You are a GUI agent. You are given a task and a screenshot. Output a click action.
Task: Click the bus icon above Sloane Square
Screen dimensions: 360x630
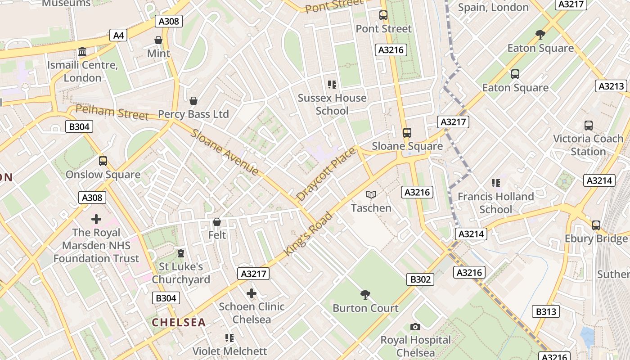tap(407, 133)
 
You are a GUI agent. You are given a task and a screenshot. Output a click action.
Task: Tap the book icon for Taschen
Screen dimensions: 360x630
tap(371, 194)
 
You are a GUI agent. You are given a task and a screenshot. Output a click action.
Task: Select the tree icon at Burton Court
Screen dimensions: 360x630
tap(365, 295)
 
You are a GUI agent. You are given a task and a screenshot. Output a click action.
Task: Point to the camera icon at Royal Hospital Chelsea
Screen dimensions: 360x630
tap(415, 327)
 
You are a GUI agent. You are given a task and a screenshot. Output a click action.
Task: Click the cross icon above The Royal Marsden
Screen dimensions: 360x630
tap(96, 219)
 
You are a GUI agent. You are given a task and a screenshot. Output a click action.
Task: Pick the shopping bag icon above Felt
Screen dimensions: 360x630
tap(217, 222)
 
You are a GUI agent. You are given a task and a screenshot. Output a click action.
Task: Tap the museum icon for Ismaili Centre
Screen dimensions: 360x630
tap(82, 52)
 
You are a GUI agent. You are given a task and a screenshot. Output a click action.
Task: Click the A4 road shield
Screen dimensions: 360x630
tap(118, 36)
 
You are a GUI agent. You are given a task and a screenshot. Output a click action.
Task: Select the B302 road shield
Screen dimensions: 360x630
tap(420, 279)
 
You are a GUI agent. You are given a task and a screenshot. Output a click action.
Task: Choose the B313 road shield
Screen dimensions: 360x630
tap(546, 311)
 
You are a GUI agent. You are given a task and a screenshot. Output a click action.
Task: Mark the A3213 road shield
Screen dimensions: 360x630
tap(612, 86)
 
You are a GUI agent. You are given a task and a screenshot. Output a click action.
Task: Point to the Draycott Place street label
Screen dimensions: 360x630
tap(326, 174)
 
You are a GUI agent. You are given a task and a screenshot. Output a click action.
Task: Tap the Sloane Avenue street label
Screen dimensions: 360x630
tap(225, 152)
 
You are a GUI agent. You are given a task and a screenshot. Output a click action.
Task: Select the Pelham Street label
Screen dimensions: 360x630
tap(112, 112)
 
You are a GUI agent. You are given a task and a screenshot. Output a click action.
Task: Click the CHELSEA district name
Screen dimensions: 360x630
tap(179, 322)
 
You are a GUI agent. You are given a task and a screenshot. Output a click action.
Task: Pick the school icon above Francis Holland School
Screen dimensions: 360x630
tap(496, 183)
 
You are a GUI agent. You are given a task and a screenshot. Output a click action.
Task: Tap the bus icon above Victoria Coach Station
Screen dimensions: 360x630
tap(588, 126)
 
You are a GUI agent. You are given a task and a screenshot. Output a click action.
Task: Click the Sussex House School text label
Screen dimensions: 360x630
tap(332, 104)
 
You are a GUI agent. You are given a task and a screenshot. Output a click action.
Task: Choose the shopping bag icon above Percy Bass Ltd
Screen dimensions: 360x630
tap(193, 101)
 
